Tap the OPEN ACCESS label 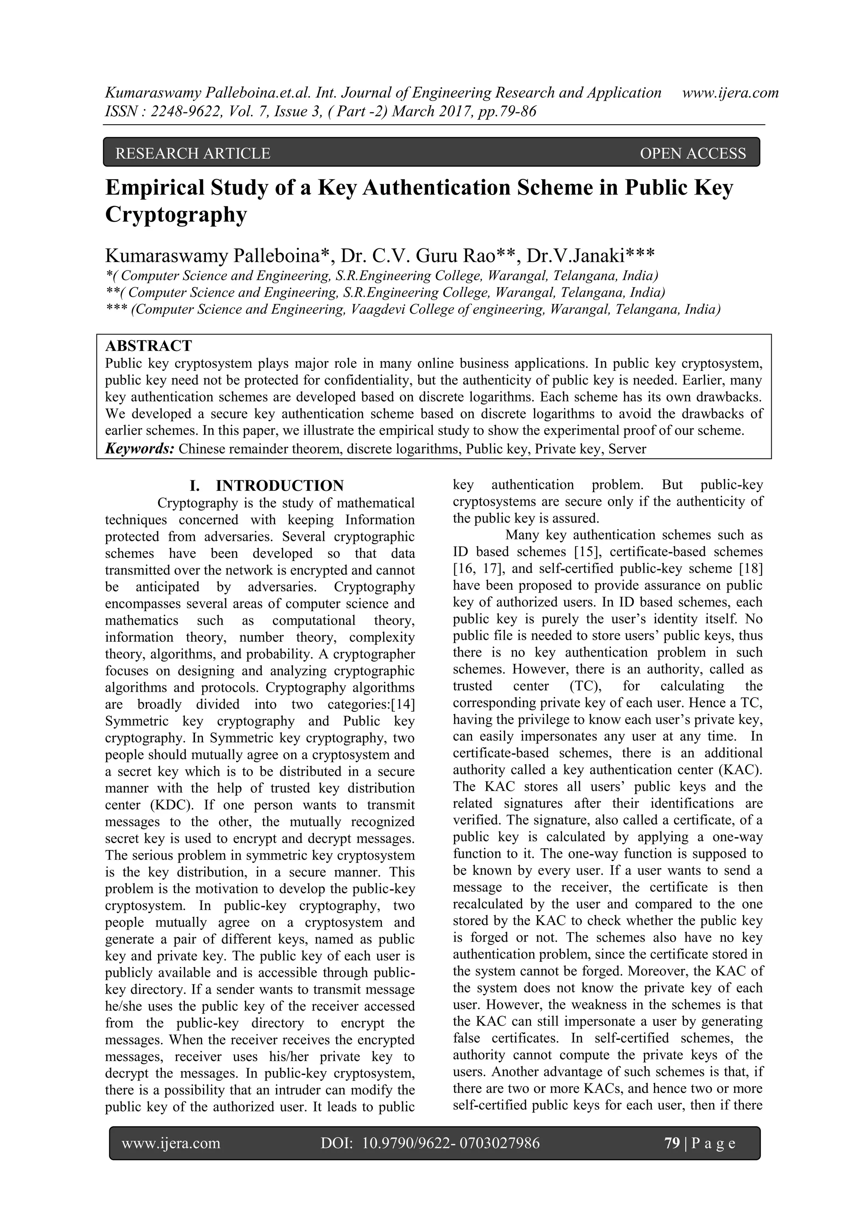[x=692, y=153]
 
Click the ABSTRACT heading [x=148, y=345]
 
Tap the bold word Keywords [x=139, y=448]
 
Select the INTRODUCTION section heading [x=279, y=486]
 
